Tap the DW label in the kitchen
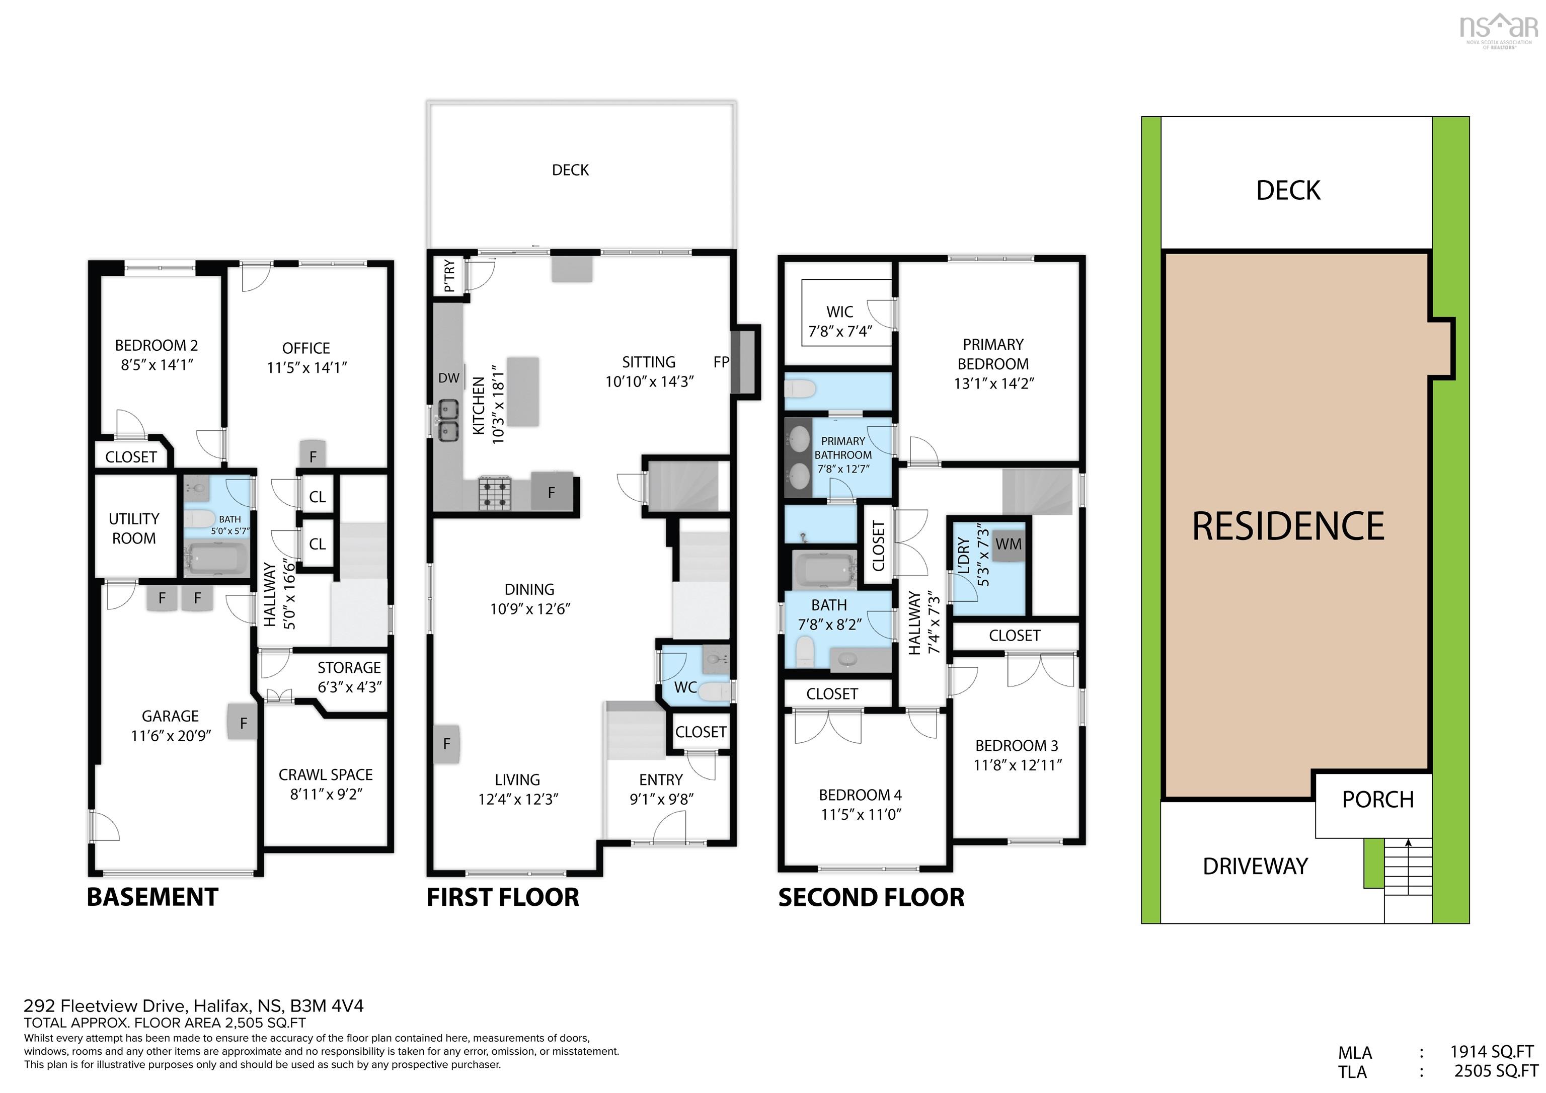(448, 378)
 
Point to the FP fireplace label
(721, 362)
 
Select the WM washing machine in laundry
(1008, 544)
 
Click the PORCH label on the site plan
(1378, 800)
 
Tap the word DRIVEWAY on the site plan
(1255, 866)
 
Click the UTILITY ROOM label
(134, 529)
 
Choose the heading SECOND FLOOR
(871, 898)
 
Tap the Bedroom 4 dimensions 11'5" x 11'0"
(861, 815)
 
